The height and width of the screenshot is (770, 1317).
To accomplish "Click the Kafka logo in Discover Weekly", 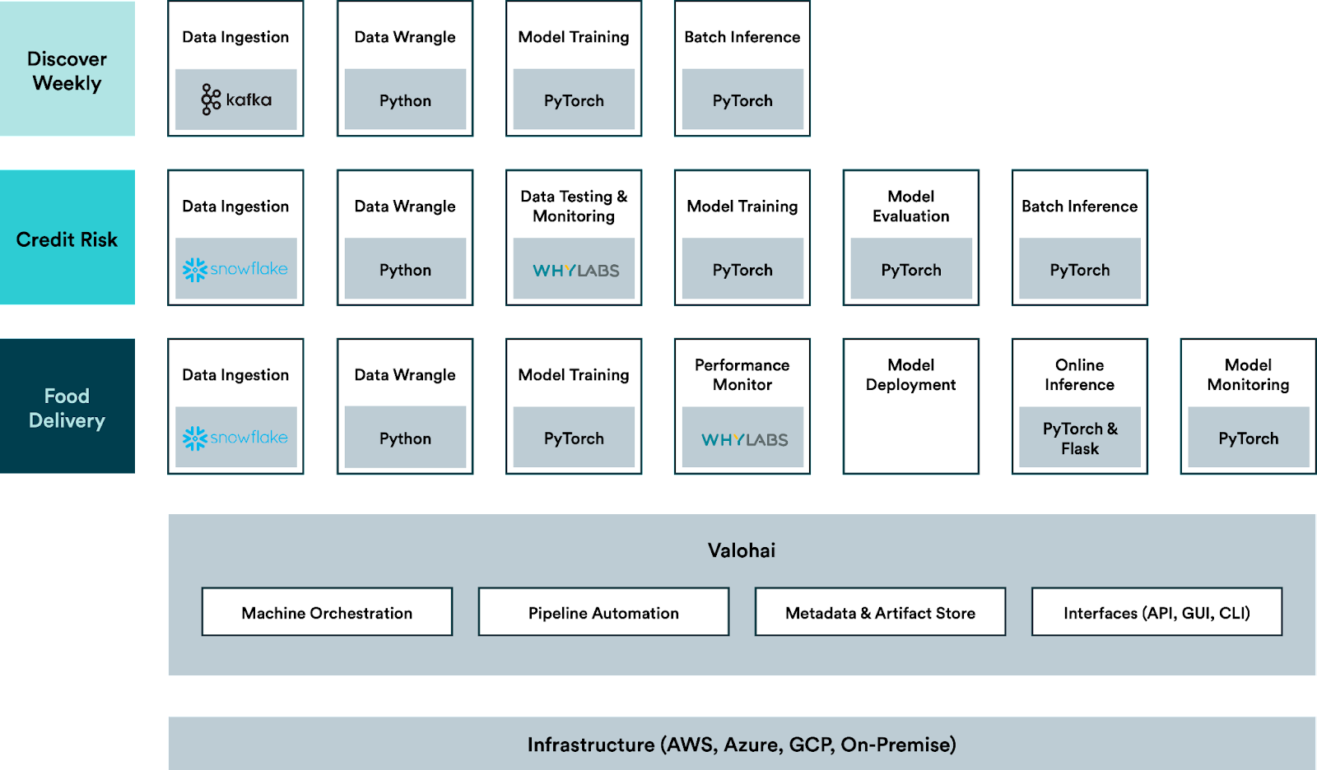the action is (235, 100).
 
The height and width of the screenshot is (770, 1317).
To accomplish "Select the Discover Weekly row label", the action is (67, 71).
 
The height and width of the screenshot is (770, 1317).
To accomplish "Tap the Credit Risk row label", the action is (67, 239).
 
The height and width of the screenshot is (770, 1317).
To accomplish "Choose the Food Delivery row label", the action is (67, 408).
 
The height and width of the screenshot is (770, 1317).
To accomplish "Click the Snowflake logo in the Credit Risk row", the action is (235, 269).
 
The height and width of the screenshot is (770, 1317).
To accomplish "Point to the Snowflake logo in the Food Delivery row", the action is (235, 438).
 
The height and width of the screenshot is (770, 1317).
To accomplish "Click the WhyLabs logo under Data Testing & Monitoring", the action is (575, 271).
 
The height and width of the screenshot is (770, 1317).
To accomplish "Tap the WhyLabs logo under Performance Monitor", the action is (744, 439).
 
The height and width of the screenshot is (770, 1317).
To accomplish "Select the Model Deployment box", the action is (910, 406).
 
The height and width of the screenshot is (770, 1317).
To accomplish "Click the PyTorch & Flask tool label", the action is (1080, 438).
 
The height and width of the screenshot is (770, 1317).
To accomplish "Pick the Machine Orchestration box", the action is (327, 612).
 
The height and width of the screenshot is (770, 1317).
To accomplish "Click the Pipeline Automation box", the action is (604, 612).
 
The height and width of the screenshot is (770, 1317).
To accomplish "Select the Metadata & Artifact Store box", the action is (880, 612).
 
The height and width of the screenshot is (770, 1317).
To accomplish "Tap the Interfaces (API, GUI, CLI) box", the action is (1157, 612).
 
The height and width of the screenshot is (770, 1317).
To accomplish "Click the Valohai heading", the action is (742, 550).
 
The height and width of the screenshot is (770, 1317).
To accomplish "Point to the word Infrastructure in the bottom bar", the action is (591, 744).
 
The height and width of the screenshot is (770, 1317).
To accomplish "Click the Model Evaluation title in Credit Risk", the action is (910, 206).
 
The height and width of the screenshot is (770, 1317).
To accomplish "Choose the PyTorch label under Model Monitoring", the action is (1248, 439).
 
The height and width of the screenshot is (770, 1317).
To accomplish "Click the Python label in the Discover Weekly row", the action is (405, 101).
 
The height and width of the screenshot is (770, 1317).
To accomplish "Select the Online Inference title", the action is (1079, 374).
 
